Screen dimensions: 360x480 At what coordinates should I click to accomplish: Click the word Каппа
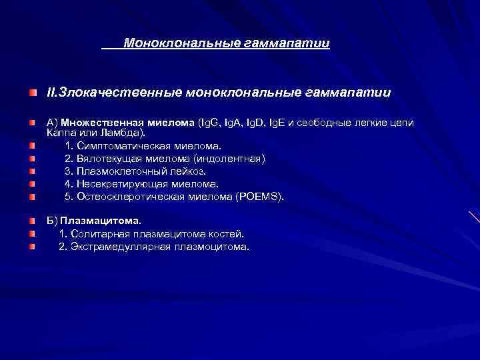61,132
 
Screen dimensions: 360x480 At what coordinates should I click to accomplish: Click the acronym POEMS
261,196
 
